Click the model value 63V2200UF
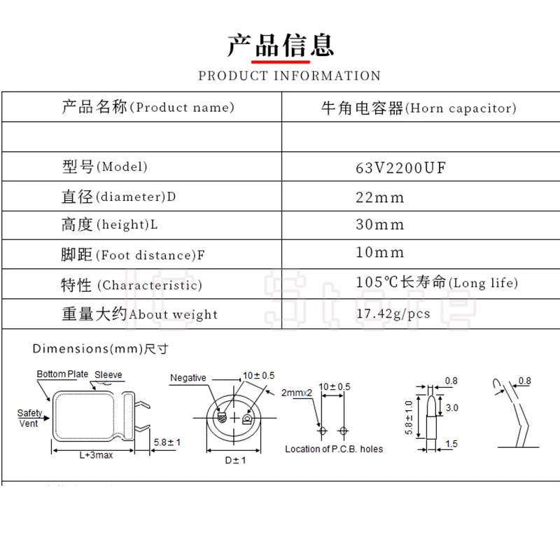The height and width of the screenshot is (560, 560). pyautogui.click(x=400, y=167)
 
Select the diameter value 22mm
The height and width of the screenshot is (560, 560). pyautogui.click(x=379, y=197)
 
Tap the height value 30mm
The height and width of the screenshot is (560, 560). pyautogui.click(x=379, y=224)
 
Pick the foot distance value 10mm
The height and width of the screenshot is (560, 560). pyautogui.click(x=379, y=252)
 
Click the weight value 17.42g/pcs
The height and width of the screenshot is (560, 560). pyautogui.click(x=393, y=314)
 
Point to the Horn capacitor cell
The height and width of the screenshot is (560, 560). pyautogui.click(x=419, y=108)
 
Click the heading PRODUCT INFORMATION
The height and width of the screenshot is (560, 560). pyautogui.click(x=290, y=76)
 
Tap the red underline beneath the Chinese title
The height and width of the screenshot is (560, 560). pyautogui.click(x=281, y=62)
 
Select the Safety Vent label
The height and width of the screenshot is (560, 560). pyautogui.click(x=29, y=418)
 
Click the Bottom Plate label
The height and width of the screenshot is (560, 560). pyautogui.click(x=62, y=374)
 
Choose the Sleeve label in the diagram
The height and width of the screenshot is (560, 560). pyautogui.click(x=108, y=374)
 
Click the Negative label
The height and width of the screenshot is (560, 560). pyautogui.click(x=188, y=377)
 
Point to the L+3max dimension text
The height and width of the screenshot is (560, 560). pyautogui.click(x=96, y=455)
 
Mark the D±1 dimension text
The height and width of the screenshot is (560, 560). pyautogui.click(x=235, y=460)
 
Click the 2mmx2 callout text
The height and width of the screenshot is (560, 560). pyautogui.click(x=296, y=393)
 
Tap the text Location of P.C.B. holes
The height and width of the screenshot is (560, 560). pyautogui.click(x=334, y=449)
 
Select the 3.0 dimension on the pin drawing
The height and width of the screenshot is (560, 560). pyautogui.click(x=451, y=407)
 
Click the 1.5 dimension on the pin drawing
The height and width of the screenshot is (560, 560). pyautogui.click(x=451, y=444)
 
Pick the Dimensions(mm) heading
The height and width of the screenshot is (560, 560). pyautogui.click(x=100, y=349)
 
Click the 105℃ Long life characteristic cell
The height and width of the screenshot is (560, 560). pyautogui.click(x=437, y=282)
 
